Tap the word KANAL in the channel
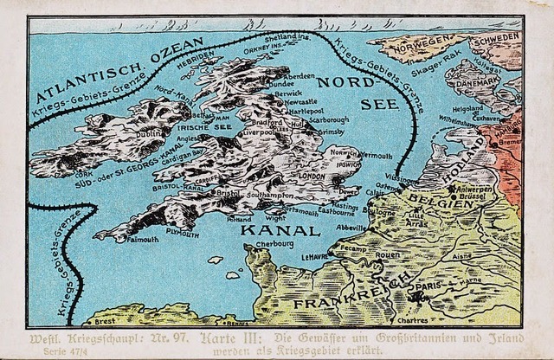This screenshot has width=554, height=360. (274, 232)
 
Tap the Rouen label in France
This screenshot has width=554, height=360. (387, 255)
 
